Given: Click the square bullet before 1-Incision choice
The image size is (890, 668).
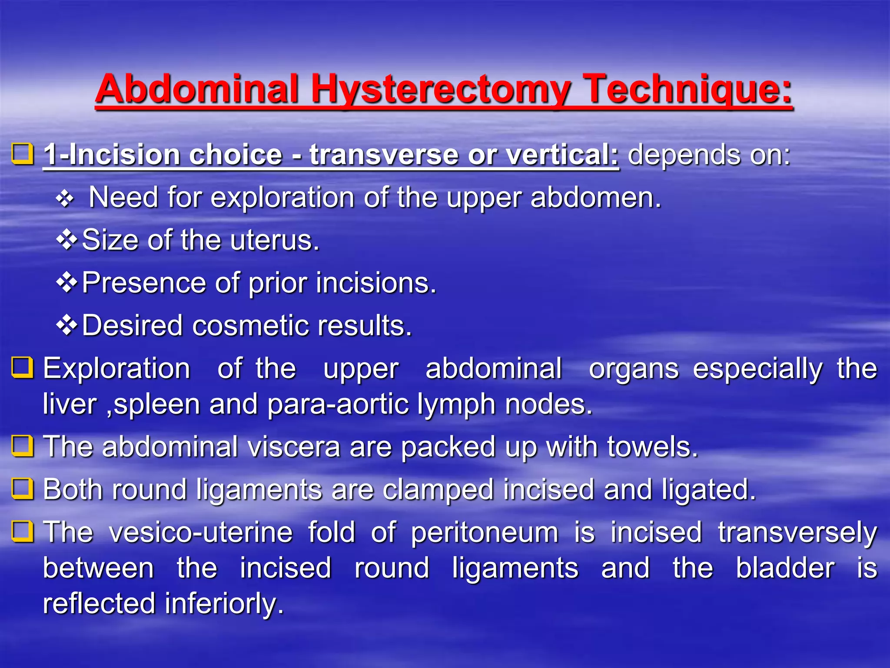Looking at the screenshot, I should click(x=23, y=154).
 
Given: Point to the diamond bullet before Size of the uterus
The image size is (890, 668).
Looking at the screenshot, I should click(x=66, y=240).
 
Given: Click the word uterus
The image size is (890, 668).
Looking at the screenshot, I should click(x=275, y=240).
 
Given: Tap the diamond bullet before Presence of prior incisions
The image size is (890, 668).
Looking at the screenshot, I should click(x=66, y=282).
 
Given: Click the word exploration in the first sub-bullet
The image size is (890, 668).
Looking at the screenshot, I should click(x=283, y=198).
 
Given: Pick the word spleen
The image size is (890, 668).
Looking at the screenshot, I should click(x=157, y=405).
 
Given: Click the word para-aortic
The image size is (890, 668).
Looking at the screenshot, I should click(x=338, y=405).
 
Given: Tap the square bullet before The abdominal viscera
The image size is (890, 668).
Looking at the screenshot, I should click(x=23, y=446).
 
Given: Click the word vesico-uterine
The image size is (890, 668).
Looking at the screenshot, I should click(x=201, y=532).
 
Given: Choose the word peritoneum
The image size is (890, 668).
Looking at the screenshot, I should click(x=485, y=533).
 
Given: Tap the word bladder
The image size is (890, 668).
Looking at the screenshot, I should click(x=785, y=568).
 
